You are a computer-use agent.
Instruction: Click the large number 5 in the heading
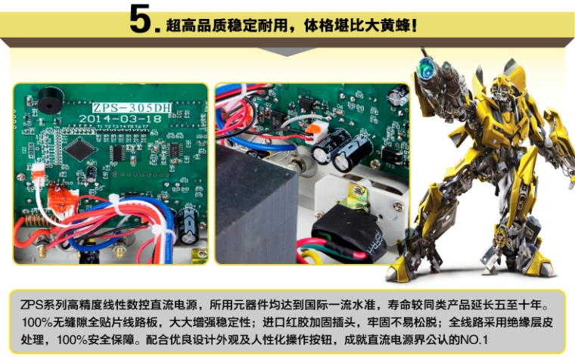click(141, 18)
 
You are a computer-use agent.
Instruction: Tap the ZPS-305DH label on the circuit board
click(132, 107)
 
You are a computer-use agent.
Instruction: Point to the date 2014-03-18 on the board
click(120, 119)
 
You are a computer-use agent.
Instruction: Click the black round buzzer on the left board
click(50, 100)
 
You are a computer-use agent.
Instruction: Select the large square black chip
click(80, 149)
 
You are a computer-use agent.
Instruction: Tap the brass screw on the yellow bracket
click(359, 191)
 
